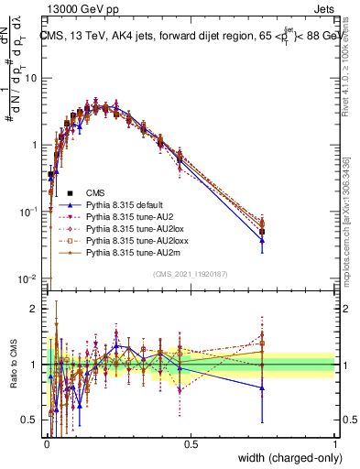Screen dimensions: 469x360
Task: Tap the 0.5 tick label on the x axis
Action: pyautogui.click(x=191, y=443)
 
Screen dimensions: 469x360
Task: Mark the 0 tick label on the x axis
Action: pyautogui.click(x=46, y=443)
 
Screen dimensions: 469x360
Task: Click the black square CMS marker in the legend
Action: pyautogui.click(x=70, y=193)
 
